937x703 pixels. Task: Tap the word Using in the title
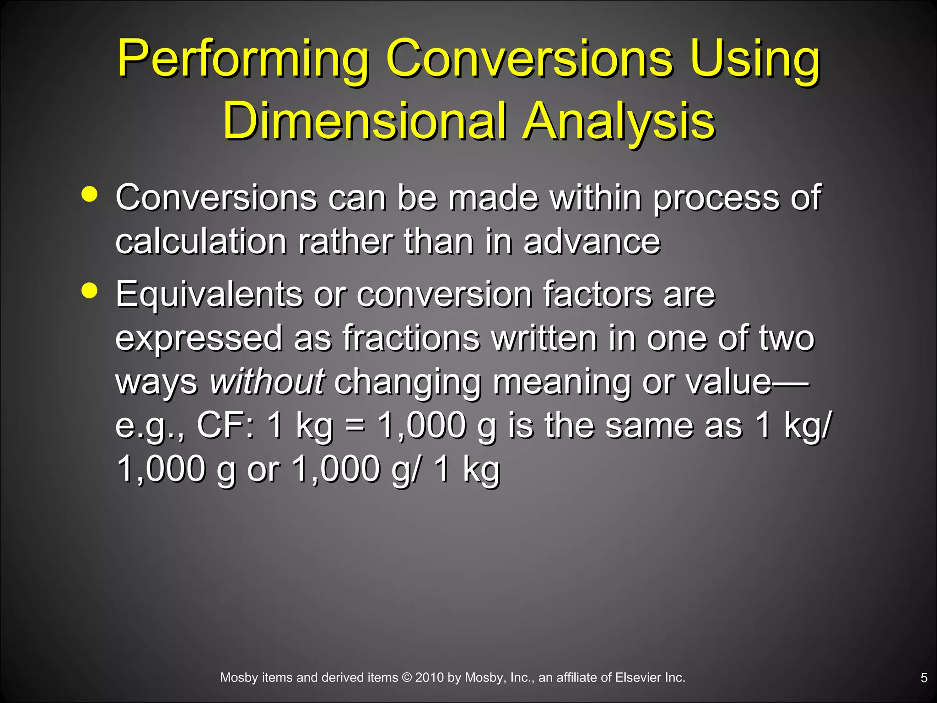[x=755, y=59]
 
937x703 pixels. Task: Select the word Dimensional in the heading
[x=364, y=121]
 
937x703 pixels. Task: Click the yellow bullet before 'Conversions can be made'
[x=90, y=194]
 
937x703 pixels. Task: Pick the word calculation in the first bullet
[x=201, y=241]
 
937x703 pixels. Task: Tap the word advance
[x=592, y=241]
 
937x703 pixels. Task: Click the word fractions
[x=411, y=338]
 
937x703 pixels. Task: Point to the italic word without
[x=267, y=382]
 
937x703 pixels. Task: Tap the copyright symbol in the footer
[x=407, y=678]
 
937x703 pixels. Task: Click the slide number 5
[x=924, y=678]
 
